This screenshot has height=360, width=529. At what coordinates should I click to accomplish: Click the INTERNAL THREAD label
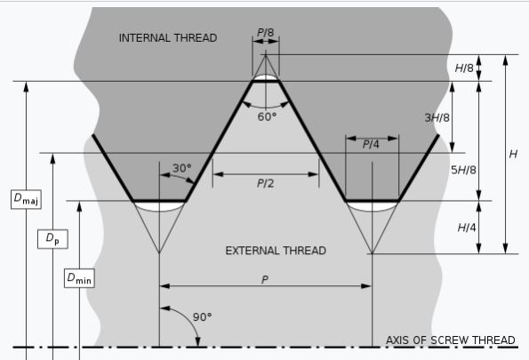tap(168, 37)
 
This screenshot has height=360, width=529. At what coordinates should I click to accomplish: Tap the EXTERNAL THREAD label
tap(276, 251)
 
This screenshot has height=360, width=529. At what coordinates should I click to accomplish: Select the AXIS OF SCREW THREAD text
tap(451, 340)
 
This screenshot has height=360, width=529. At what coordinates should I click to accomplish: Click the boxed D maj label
tap(26, 199)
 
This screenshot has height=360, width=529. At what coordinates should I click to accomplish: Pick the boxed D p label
tap(52, 239)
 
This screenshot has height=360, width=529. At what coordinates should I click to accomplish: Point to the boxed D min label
tap(79, 278)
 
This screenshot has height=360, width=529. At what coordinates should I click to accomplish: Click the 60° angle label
tap(267, 117)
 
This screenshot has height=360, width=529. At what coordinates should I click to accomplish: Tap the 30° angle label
tap(182, 168)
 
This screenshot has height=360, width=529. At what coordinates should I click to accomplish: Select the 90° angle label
tap(203, 317)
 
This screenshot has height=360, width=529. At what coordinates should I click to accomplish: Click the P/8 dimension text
tap(266, 33)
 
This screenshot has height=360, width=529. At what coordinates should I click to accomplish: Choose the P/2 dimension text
tap(266, 183)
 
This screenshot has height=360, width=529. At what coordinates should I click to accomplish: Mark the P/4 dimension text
tap(371, 144)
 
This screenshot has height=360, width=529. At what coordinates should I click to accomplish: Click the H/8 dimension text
tap(465, 68)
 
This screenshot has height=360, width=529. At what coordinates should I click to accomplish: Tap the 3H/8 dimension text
tap(437, 117)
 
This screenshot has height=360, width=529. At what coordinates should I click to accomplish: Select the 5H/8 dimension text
tap(463, 170)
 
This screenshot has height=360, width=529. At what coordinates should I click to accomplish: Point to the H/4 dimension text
tap(467, 228)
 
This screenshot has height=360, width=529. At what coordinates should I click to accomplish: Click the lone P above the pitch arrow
tap(265, 280)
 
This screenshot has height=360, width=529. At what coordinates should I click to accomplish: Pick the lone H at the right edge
tap(513, 154)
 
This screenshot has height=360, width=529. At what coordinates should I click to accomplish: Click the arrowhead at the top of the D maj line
tap(26, 86)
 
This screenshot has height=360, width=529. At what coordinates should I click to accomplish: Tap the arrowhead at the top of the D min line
tap(79, 206)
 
